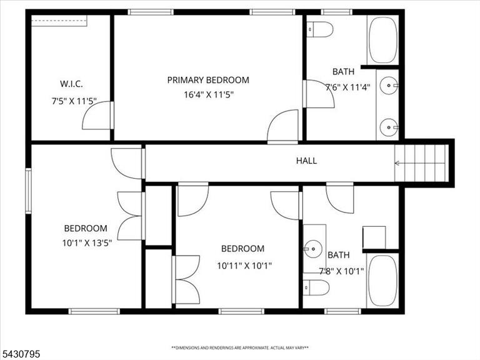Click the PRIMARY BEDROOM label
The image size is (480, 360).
pos(208,80)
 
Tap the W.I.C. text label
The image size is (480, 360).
pos(71,84)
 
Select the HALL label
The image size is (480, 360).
pos(306,161)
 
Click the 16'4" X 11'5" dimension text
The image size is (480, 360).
pos(209,94)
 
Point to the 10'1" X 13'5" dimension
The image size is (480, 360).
pos(87,243)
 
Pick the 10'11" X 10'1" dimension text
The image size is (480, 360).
pos(244,266)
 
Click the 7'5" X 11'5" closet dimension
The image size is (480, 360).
pos(74,101)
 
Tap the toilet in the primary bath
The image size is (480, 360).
pos(319,29)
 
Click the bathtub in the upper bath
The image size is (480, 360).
pos(383,40)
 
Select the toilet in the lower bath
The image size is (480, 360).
pos(316,287)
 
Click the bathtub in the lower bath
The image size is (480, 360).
pos(382,281)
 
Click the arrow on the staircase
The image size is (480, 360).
pos(420,163)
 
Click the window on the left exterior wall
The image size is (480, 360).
pos(28,191)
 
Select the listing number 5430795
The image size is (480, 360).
pos(20,354)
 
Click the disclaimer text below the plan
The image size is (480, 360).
pos(240,347)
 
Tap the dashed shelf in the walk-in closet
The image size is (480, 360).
pos(59,21)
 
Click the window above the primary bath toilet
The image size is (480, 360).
pos(336,12)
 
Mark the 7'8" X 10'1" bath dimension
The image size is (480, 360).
pos(341,271)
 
